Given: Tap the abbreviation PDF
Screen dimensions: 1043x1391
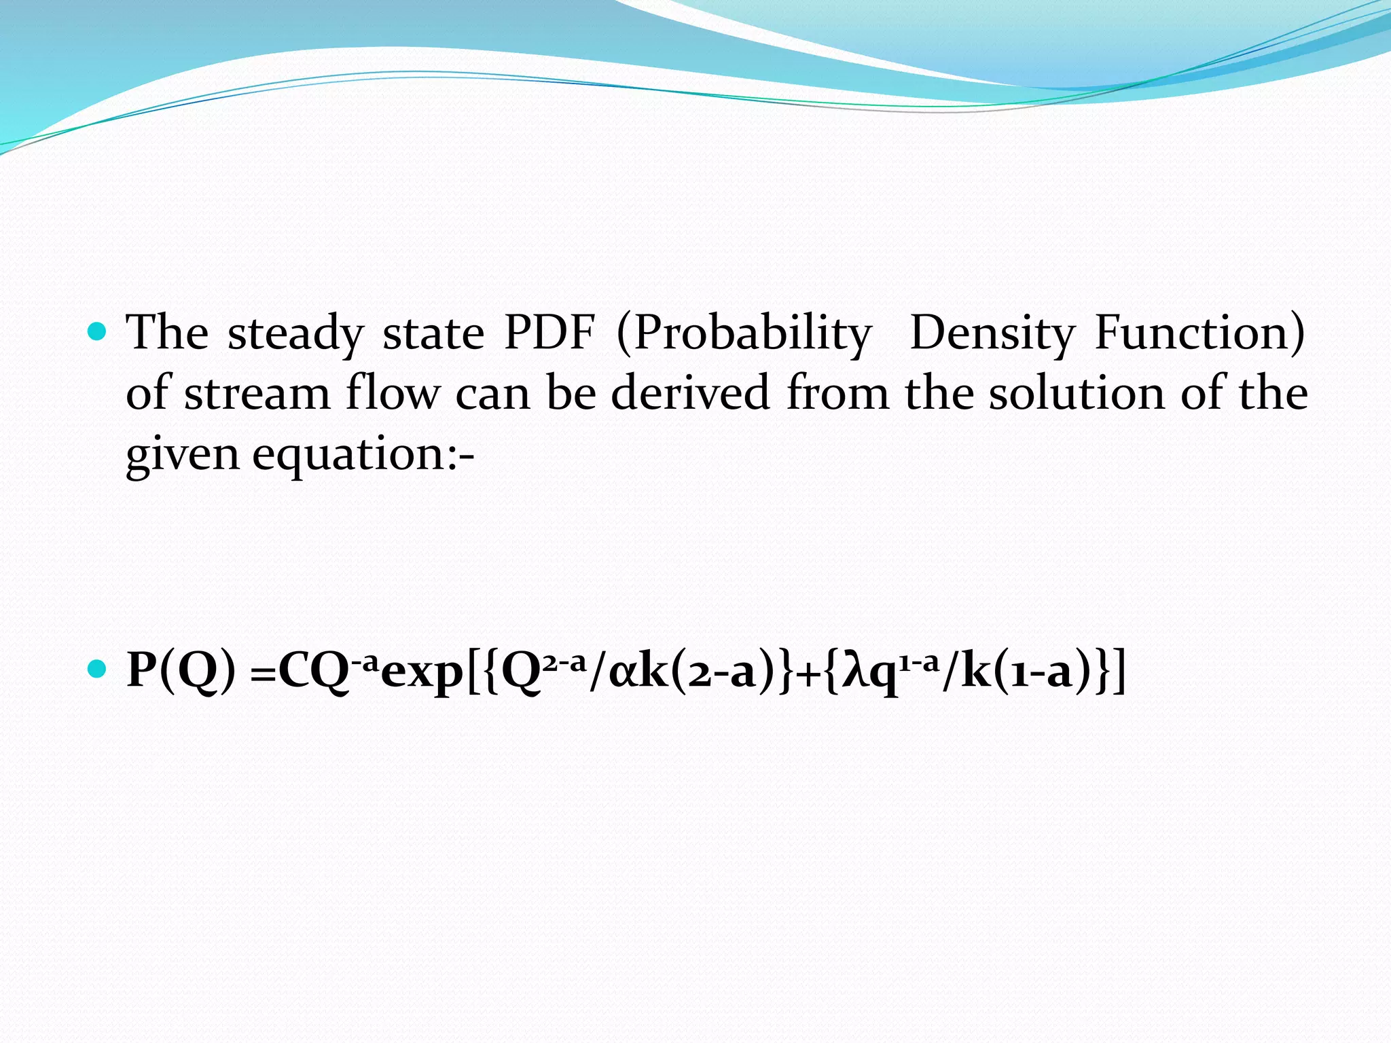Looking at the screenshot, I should (x=549, y=333).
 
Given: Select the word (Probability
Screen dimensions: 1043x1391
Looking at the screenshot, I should (x=744, y=334).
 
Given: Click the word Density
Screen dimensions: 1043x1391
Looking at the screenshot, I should (x=992, y=334).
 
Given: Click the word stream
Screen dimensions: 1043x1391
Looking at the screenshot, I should (x=257, y=394).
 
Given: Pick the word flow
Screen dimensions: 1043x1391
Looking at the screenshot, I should (x=393, y=394).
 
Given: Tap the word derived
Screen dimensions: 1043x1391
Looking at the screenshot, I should (x=691, y=394).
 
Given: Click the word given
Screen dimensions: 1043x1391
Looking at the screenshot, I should (x=182, y=455).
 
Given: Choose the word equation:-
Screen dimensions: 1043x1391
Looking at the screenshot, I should (x=363, y=455).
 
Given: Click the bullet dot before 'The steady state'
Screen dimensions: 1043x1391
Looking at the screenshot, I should (x=98, y=331).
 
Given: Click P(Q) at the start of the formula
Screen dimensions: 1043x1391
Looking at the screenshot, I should (x=181, y=671).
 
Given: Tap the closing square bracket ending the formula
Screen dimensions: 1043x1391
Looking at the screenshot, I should (x=1119, y=671).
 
